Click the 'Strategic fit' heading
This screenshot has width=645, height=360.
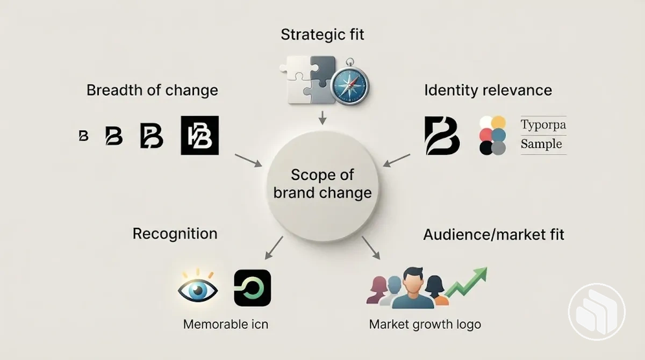tap(322, 35)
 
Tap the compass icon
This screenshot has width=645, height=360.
tap(350, 84)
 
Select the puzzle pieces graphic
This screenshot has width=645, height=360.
tap(307, 80)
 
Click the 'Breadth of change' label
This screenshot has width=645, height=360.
tap(152, 90)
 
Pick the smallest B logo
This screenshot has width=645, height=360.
tap(83, 135)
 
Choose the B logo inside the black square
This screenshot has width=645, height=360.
tap(199, 135)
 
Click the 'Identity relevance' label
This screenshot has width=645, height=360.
tap(488, 90)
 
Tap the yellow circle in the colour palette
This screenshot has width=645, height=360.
tap(498, 123)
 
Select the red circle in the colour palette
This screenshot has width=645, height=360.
tap(486, 135)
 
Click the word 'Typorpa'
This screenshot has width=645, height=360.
tap(543, 125)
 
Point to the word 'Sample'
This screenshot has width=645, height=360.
tap(541, 143)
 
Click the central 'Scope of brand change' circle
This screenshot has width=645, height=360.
tap(322, 186)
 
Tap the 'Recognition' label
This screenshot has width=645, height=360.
tap(175, 234)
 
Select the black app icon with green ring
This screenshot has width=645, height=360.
tap(253, 288)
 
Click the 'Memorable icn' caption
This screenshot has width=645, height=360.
tap(226, 325)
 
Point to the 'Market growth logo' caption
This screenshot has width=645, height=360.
tap(425, 325)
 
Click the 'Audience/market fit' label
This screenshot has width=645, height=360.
tap(493, 234)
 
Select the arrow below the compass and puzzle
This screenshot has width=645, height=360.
tap(322, 118)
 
